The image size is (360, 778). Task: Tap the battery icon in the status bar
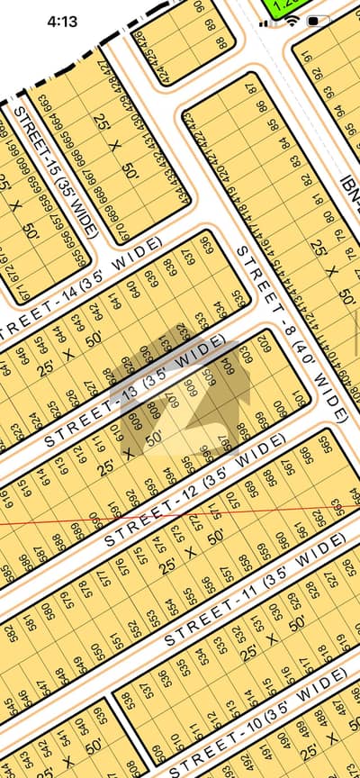[318, 20]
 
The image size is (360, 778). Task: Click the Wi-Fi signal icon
[292, 20]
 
